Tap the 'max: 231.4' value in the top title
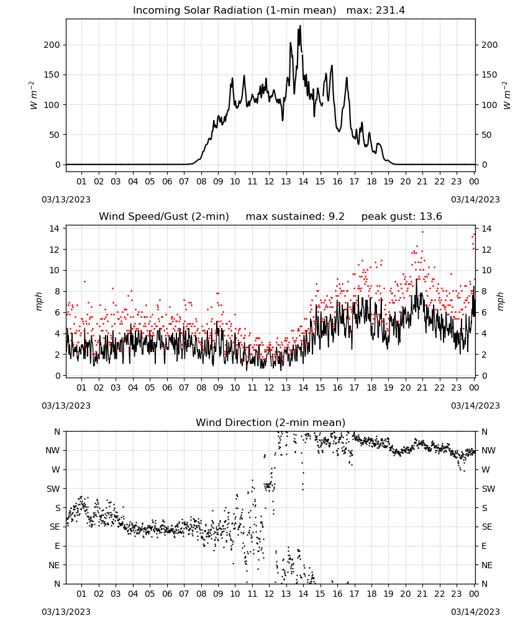[x=376, y=11]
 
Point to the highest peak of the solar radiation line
[x=300, y=26]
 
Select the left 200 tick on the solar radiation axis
[x=52, y=45]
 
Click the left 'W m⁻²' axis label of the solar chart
[x=34, y=96]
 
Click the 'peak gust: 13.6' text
[x=402, y=217]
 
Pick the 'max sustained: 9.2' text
[x=295, y=217]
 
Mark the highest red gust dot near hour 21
[x=422, y=232]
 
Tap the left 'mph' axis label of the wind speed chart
[x=39, y=301]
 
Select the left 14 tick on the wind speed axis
[x=55, y=229]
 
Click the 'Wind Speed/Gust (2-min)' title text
[x=163, y=217]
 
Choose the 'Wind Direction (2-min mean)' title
[x=271, y=422]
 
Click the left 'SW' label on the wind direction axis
[x=53, y=489]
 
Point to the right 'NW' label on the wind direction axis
[x=488, y=451]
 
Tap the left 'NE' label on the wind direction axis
[x=54, y=565]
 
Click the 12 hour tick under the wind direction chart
[x=270, y=594]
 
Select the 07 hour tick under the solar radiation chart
[x=184, y=181]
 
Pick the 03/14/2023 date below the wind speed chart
[x=475, y=406]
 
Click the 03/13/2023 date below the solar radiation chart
[x=66, y=199]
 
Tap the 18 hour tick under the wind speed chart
[x=371, y=388]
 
